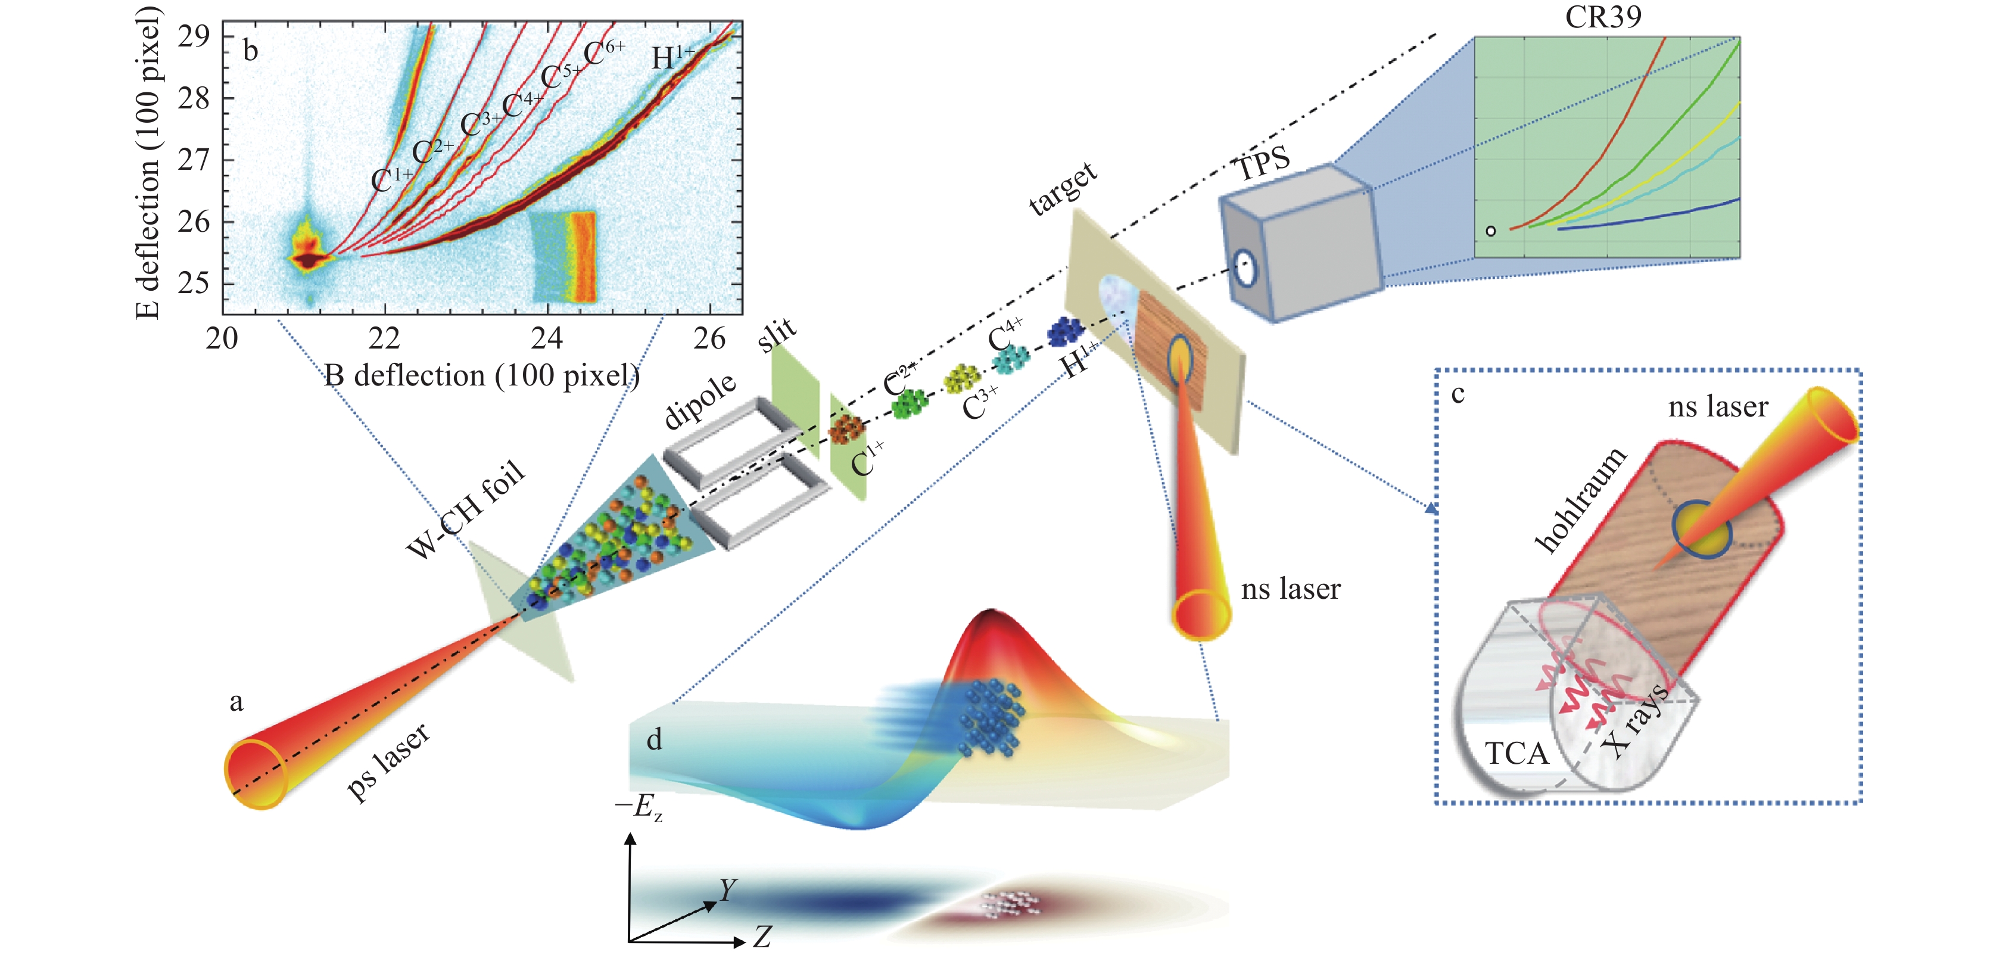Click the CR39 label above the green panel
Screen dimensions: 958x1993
pyautogui.click(x=1602, y=17)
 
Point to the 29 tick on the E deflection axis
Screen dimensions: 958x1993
pyautogui.click(x=194, y=36)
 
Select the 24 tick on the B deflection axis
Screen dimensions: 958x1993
pyautogui.click(x=547, y=338)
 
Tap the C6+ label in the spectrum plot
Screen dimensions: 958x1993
pyautogui.click(x=603, y=52)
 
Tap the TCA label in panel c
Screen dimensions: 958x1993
pyautogui.click(x=1516, y=753)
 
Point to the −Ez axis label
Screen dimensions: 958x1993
pyautogui.click(x=639, y=807)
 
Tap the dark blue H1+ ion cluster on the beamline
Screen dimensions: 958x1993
pyautogui.click(x=1066, y=331)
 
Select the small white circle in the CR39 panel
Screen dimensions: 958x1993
pyautogui.click(x=1491, y=231)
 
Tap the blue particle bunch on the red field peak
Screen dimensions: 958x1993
pyautogui.click(x=991, y=716)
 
